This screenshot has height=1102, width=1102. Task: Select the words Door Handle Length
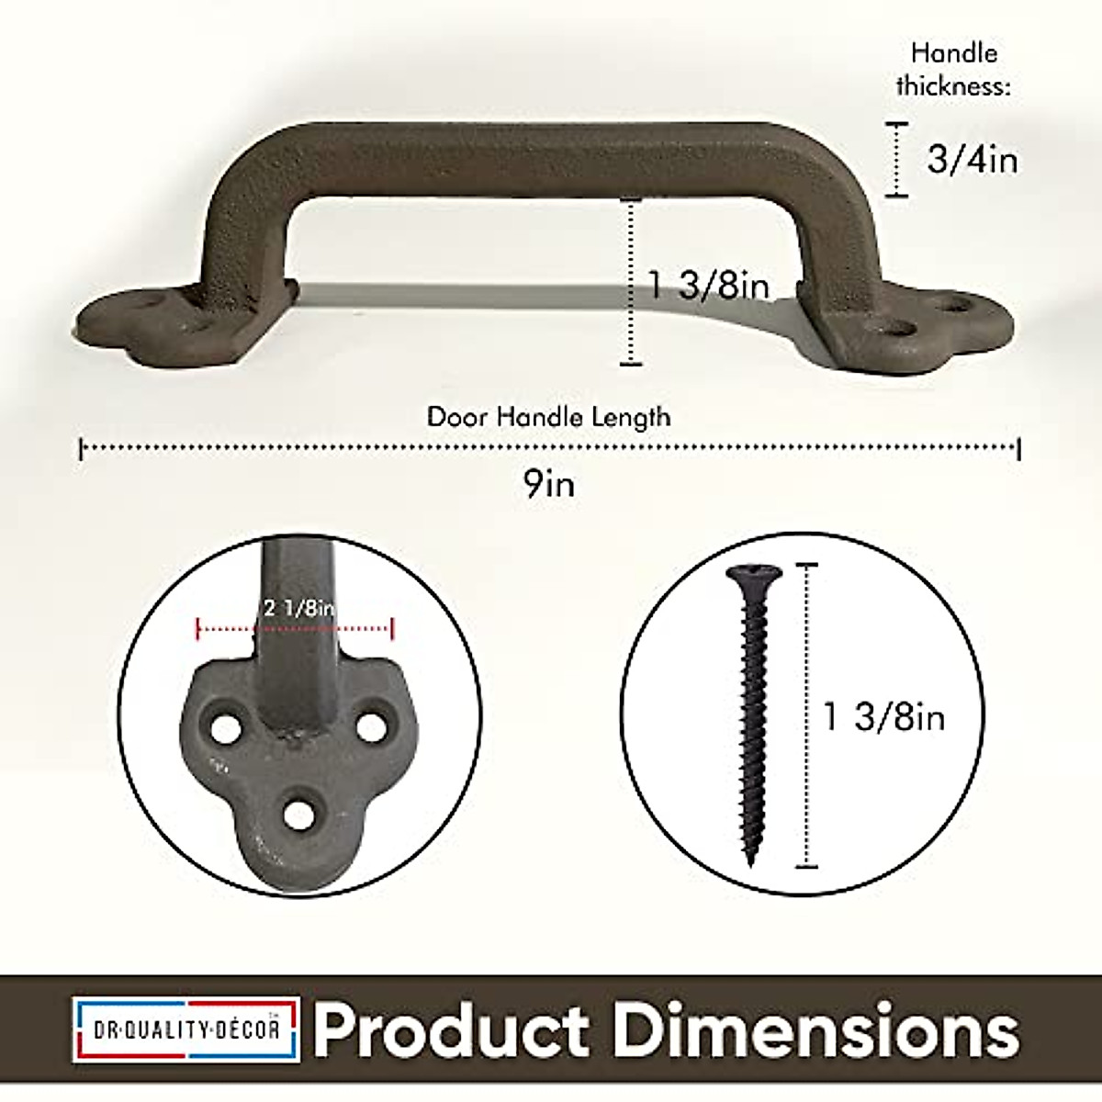[548, 417]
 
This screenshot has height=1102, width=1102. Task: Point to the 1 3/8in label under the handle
[709, 286]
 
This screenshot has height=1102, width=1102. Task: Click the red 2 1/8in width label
[298, 607]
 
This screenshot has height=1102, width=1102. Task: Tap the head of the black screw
[753, 576]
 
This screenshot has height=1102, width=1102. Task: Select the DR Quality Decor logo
[187, 1029]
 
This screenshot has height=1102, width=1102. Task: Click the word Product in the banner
[452, 1029]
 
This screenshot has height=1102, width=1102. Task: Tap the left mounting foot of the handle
[174, 321]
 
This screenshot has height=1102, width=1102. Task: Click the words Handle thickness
[953, 70]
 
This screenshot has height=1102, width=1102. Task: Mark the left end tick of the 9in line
[82, 449]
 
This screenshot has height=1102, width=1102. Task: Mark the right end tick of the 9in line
[1019, 449]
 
